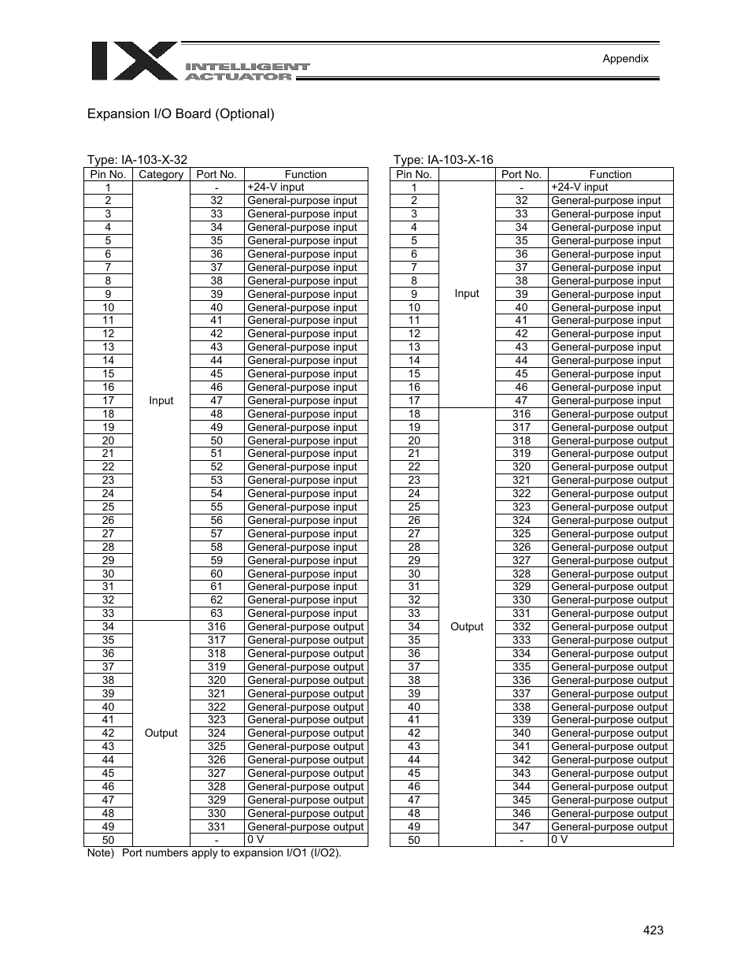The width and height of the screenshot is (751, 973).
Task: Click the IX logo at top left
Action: (x=134, y=61)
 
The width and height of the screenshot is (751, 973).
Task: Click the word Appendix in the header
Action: (x=625, y=58)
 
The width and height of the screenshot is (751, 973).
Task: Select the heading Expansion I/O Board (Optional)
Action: (x=180, y=113)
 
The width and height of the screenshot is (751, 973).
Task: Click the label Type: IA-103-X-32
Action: (x=137, y=160)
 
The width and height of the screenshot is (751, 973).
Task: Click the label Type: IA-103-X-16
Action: (x=443, y=160)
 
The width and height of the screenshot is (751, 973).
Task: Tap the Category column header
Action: (x=161, y=174)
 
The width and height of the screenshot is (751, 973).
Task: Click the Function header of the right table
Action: (x=610, y=174)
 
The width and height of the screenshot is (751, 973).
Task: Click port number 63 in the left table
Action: (x=216, y=613)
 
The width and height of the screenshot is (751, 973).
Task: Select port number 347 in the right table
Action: (x=521, y=826)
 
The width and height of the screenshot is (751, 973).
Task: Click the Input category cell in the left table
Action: (x=161, y=400)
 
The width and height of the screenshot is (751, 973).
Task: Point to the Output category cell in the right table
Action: (x=466, y=626)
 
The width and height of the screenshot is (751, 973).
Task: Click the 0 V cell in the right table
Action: (x=559, y=840)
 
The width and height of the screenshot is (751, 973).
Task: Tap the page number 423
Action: (x=653, y=930)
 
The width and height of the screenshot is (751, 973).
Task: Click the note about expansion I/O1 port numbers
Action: (x=214, y=853)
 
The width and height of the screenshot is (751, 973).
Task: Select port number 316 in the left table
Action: (x=216, y=626)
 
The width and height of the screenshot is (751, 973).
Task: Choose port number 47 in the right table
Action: (x=521, y=400)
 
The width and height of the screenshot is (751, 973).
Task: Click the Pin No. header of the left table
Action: (x=108, y=174)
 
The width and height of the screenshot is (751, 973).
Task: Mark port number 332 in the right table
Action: (x=521, y=626)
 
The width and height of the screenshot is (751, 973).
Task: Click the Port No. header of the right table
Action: (x=521, y=174)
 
